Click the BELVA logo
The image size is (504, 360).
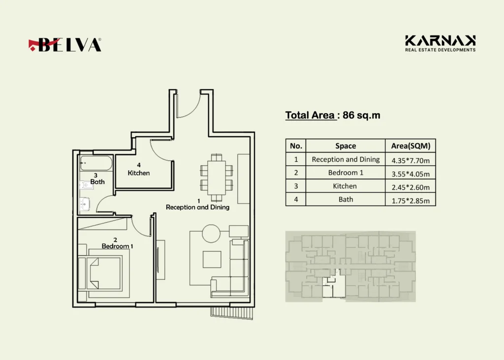65,45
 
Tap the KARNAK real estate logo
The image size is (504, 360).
440,43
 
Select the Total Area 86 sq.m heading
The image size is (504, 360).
333,116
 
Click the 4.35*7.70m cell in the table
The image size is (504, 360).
410,159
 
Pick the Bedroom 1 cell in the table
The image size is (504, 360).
345,173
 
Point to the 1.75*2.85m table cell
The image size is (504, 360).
410,200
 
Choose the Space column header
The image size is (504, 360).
345,146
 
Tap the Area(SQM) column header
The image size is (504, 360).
410,146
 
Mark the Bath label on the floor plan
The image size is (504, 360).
97,179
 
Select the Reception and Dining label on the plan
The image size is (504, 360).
197,205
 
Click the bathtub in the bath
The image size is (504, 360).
96,163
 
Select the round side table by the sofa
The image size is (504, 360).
212,234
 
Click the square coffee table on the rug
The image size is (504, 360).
212,259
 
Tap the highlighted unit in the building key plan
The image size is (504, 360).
333,288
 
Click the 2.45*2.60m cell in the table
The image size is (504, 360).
410,186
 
